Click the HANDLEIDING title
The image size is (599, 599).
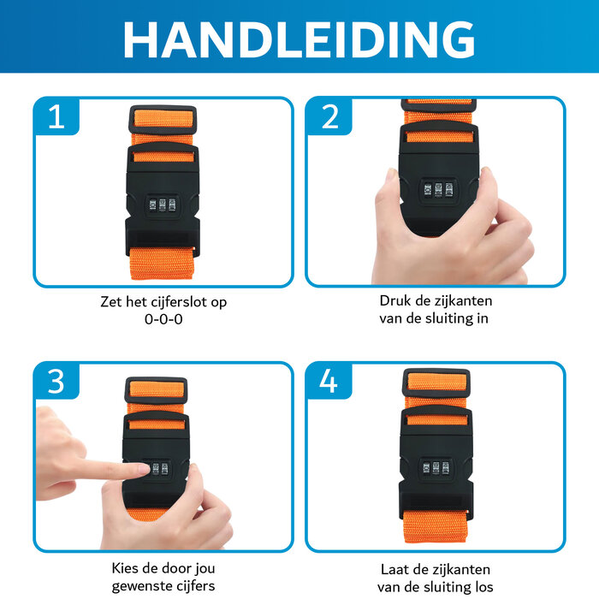click(x=299, y=39)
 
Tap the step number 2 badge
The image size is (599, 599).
click(x=329, y=117)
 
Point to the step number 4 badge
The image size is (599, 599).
click(x=329, y=382)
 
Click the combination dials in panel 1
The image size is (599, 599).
click(x=163, y=205)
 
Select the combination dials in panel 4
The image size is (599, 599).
click(x=436, y=468)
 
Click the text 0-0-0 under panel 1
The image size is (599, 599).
click(x=163, y=319)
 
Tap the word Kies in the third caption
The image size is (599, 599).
click(x=127, y=568)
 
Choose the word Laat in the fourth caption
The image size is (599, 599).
click(x=396, y=568)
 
